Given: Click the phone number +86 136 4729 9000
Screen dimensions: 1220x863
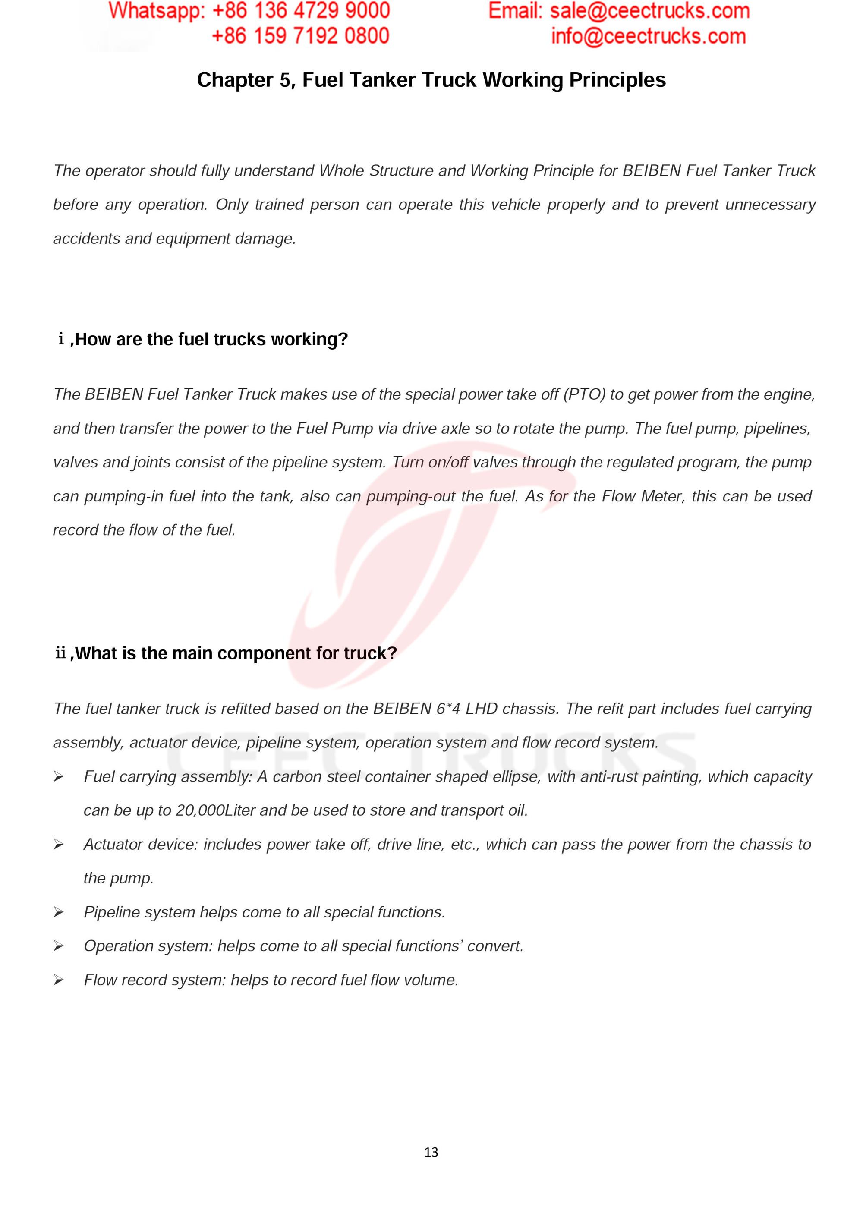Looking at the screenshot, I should (301, 11).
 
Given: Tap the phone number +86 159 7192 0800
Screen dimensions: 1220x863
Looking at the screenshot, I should (300, 36).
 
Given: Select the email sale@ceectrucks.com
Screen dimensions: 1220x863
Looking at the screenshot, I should (649, 11).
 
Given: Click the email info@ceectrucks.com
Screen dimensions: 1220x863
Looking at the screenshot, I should (648, 36).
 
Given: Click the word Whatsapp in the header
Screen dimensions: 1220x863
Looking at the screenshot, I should (156, 11).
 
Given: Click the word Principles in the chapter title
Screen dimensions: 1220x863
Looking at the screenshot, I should (617, 80).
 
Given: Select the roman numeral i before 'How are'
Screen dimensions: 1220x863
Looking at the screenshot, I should (61, 338).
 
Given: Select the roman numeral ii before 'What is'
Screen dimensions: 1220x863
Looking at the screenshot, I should (61, 653).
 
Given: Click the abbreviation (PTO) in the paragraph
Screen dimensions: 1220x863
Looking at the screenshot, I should (584, 394).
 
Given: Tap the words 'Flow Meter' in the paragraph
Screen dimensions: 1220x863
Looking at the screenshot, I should (643, 496).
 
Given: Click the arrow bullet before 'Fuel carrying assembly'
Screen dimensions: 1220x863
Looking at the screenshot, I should (58, 777).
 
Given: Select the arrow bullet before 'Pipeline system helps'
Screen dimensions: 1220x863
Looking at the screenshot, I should (58, 913).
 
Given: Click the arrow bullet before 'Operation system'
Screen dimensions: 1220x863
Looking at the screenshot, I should (58, 946).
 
